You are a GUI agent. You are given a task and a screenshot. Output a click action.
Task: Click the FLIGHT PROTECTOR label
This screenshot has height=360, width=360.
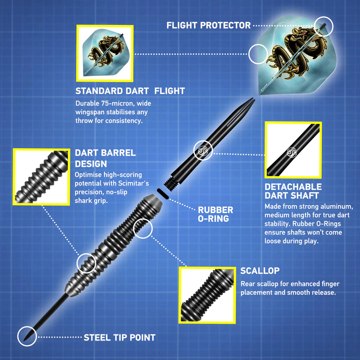pyautogui.click(x=208, y=25)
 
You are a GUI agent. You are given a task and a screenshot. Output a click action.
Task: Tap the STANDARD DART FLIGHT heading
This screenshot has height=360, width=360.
pyautogui.click(x=130, y=91)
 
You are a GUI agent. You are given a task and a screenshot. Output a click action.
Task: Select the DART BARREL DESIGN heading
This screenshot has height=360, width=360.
pyautogui.click(x=105, y=158)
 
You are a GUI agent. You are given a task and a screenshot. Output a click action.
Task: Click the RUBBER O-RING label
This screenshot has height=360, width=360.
pyautogui.click(x=215, y=214)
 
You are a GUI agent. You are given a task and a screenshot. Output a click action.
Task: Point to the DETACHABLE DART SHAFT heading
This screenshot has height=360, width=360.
pyautogui.click(x=293, y=191)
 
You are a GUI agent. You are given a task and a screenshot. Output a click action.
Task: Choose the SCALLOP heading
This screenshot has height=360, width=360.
pyautogui.click(x=260, y=271)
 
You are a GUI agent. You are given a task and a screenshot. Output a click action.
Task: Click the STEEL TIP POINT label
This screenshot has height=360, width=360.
pyautogui.click(x=119, y=337)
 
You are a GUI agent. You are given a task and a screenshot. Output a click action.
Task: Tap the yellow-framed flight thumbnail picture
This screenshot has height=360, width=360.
pyautogui.click(x=105, y=53)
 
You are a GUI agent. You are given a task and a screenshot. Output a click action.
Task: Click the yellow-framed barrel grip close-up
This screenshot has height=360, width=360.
pyautogui.click(x=41, y=177)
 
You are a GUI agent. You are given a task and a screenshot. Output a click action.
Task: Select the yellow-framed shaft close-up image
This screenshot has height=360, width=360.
pyautogui.click(x=293, y=150)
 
